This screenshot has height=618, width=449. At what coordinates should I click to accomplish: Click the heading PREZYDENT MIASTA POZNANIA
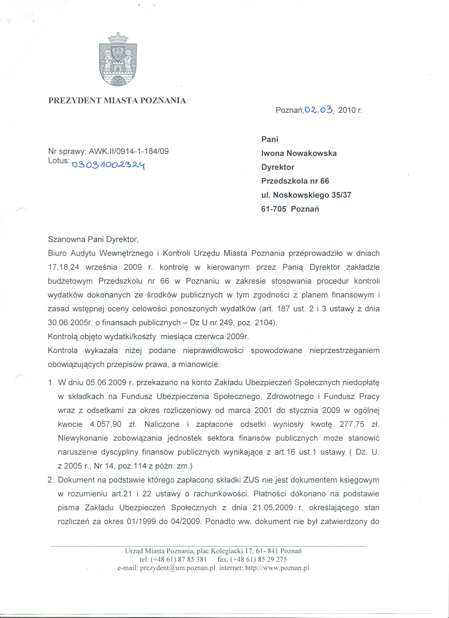[117, 101]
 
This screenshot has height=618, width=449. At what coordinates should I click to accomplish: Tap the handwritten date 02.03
[319, 110]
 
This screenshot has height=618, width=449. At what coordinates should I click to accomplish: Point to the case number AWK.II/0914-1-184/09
[131, 152]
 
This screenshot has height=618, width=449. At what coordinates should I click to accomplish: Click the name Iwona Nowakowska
[299, 153]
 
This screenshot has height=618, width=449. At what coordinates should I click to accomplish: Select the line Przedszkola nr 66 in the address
[295, 181]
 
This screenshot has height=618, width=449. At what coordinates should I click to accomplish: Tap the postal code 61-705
[274, 209]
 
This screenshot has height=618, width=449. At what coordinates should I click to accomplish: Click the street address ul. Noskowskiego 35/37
[306, 195]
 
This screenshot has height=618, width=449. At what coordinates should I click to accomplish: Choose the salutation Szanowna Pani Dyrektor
[93, 240]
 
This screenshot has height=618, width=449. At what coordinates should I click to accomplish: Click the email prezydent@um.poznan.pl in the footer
[178, 568]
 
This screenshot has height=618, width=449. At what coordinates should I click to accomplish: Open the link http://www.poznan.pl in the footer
[277, 568]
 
